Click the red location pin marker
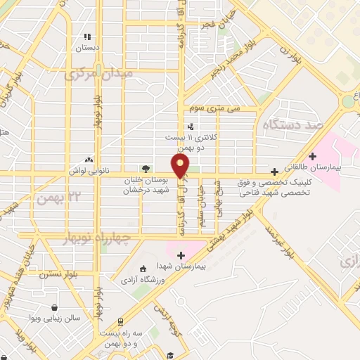point(181,166)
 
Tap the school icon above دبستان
point(88,37)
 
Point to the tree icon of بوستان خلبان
point(146,169)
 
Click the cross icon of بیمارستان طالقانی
point(313,156)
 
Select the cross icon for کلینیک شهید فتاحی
point(274,171)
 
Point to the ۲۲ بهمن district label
point(58,198)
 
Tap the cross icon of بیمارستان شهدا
point(181,255)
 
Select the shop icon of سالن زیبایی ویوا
point(55,307)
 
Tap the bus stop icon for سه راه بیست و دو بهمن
point(120,321)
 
